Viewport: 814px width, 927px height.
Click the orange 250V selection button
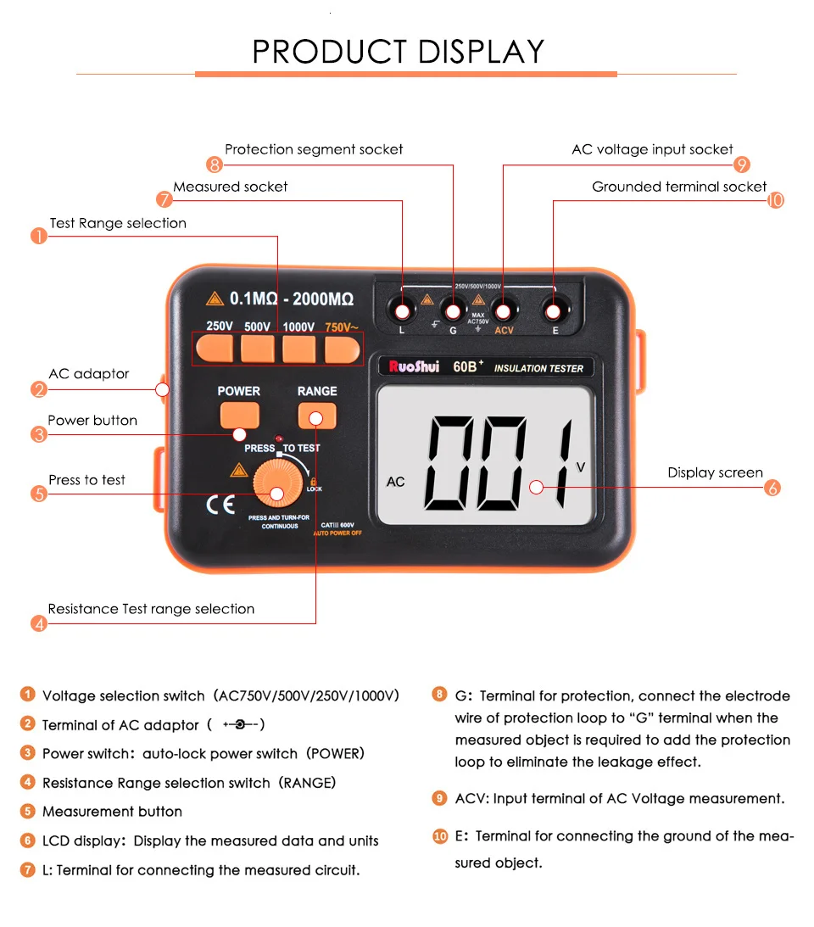[219, 348]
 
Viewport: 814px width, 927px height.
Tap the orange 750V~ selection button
[343, 348]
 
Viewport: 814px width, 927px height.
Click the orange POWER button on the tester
[239, 414]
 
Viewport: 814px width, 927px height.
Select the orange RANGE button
[317, 415]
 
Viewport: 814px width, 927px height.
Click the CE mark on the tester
[220, 505]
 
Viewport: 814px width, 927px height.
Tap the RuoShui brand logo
[414, 367]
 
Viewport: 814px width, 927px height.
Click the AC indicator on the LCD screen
[395, 482]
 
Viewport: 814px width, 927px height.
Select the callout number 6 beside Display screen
[772, 488]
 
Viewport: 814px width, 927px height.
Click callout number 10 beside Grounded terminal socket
[775, 200]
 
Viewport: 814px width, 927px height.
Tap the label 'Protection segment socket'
[314, 149]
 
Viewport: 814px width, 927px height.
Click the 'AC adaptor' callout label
[89, 374]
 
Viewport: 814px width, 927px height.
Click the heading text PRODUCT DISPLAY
[399, 52]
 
